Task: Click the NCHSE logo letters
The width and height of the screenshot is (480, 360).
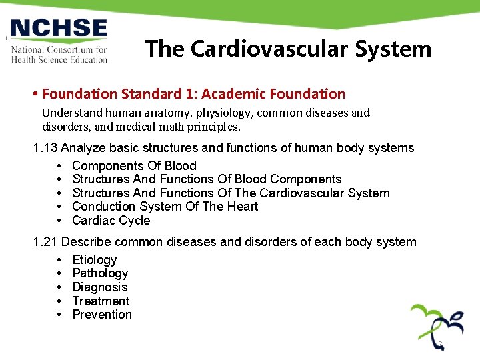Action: [x=59, y=29]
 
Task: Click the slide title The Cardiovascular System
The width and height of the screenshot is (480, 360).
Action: [x=288, y=49]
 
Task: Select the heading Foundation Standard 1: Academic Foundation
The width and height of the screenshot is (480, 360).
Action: [x=194, y=94]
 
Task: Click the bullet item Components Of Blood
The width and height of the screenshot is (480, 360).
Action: [x=134, y=166]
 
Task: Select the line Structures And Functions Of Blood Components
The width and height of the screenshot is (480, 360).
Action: [x=207, y=179]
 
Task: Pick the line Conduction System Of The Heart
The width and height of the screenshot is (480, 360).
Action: [x=165, y=207]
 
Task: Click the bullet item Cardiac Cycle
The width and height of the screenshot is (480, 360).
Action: [x=111, y=221]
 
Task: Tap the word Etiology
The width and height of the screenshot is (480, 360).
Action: [x=95, y=260]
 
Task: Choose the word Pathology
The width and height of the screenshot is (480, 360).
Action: [x=100, y=273]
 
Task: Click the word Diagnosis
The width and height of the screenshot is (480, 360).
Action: [x=99, y=287]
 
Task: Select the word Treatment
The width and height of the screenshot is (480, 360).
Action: [x=101, y=301]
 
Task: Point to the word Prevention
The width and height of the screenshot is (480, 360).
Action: [x=102, y=315]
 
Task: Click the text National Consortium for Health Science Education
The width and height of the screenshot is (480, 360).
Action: [x=59, y=54]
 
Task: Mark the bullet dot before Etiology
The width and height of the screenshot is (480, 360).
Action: [x=60, y=260]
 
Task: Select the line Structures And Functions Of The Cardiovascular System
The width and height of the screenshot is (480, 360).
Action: [x=231, y=193]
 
